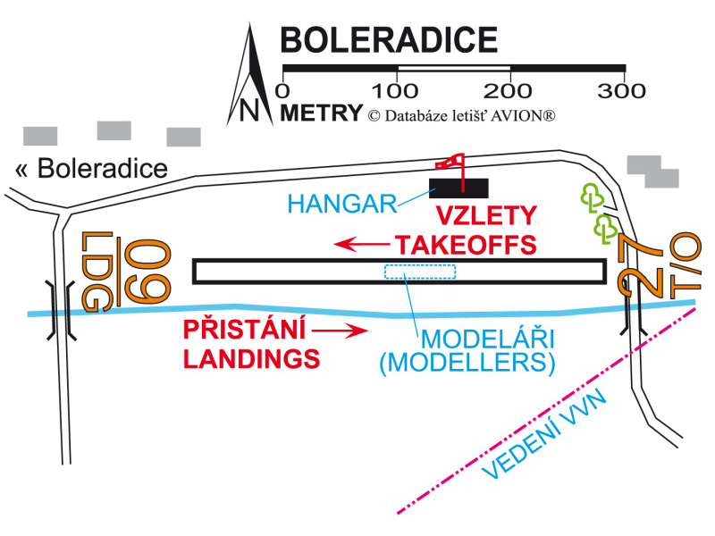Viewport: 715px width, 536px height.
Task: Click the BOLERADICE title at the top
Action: coord(389,40)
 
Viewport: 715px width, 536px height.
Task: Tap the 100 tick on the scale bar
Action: coord(397,68)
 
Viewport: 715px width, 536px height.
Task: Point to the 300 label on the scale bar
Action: coord(624,90)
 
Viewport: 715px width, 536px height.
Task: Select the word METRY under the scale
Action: coord(321,113)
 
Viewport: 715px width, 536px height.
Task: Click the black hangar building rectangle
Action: coord(459,187)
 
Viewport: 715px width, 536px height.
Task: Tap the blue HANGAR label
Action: coord(343,205)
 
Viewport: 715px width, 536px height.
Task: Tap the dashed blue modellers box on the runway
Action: coord(420,272)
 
